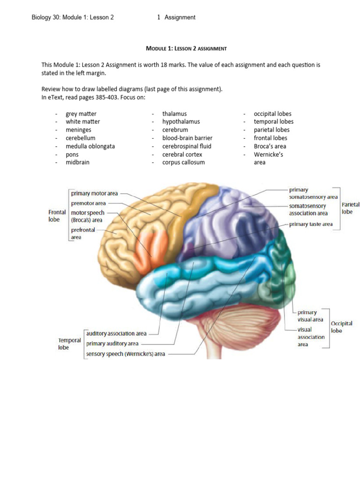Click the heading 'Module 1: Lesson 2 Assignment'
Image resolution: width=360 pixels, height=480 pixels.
coord(187,48)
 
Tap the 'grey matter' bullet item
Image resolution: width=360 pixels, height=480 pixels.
coord(81,114)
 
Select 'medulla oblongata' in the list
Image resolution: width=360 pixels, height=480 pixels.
coord(90,146)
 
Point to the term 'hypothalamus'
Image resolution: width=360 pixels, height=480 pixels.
coord(181,122)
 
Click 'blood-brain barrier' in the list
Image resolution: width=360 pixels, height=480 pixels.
coord(187,138)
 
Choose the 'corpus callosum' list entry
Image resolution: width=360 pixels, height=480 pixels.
coord(183,163)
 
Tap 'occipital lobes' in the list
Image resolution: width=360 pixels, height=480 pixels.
coord(272,114)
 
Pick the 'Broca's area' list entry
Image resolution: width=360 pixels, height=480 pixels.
coord(270,146)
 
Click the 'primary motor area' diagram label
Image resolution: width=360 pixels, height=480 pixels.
coord(94,193)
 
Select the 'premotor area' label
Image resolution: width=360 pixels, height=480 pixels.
coord(88,203)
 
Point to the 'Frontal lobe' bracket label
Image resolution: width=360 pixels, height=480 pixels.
coord(57,216)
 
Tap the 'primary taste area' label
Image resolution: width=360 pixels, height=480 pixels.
coord(311,224)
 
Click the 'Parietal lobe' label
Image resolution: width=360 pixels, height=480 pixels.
coord(350,208)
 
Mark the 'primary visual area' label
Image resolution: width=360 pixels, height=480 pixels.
coord(310,316)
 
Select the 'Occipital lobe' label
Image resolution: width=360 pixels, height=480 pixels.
coord(341,327)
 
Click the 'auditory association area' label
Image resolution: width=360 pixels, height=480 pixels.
coord(116,334)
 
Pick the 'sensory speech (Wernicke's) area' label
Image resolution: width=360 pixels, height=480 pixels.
coord(125,354)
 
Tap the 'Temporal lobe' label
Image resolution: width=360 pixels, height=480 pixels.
coord(69,344)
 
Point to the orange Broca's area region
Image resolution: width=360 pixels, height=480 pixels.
coord(149,251)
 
